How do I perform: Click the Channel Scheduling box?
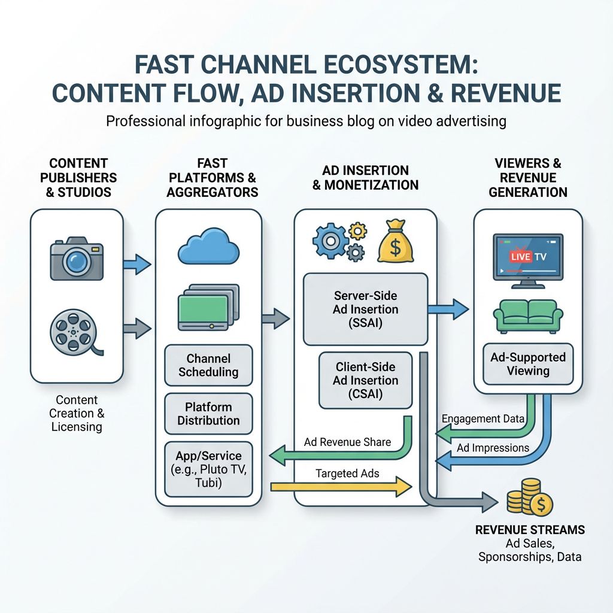coord(208,365)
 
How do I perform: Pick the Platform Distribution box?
coord(208,413)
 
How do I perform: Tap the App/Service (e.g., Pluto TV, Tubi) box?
coord(208,469)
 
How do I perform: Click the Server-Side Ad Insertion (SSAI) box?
coord(366,309)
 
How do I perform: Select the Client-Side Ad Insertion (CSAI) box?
coord(366,380)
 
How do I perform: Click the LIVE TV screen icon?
coord(527,256)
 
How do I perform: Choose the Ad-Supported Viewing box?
coord(527,364)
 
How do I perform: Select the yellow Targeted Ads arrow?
coord(341,486)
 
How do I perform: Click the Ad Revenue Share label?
coord(347,442)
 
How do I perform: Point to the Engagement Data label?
coord(482,418)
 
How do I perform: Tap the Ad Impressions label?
coord(493,448)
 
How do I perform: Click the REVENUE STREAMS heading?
coord(530,530)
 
